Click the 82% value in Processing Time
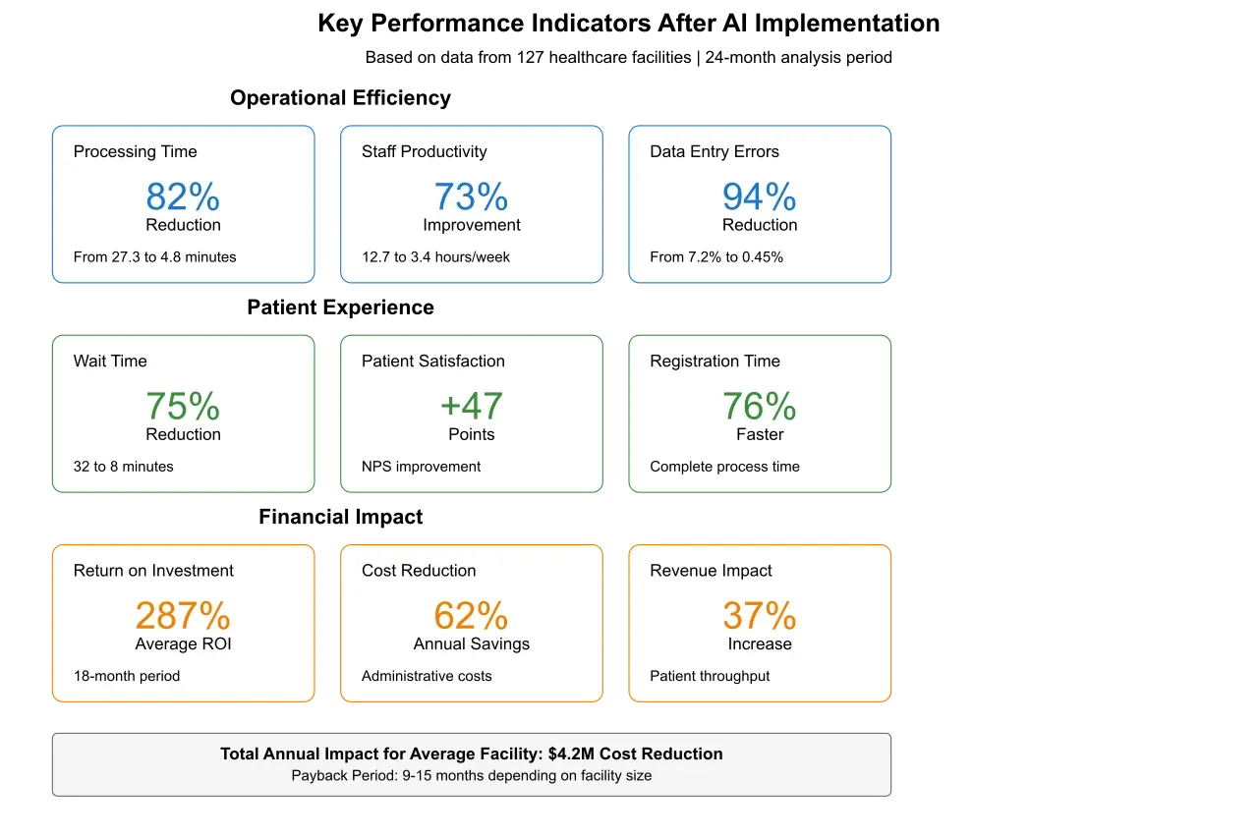point(183,197)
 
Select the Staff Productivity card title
point(424,151)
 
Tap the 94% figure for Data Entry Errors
point(759,197)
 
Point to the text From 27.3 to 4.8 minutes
point(154,257)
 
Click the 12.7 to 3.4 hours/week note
point(435,257)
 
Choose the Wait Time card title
point(110,361)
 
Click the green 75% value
point(183,407)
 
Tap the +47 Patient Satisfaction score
point(471,407)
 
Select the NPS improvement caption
point(421,467)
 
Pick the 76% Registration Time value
point(759,407)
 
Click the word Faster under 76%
point(760,434)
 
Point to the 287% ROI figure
point(183,616)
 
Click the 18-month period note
point(127,676)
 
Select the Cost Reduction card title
point(419,571)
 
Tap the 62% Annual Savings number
point(471,616)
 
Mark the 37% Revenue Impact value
point(759,616)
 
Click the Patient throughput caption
point(710,676)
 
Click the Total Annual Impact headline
point(471,754)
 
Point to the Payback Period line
point(471,775)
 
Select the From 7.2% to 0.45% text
point(716,257)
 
